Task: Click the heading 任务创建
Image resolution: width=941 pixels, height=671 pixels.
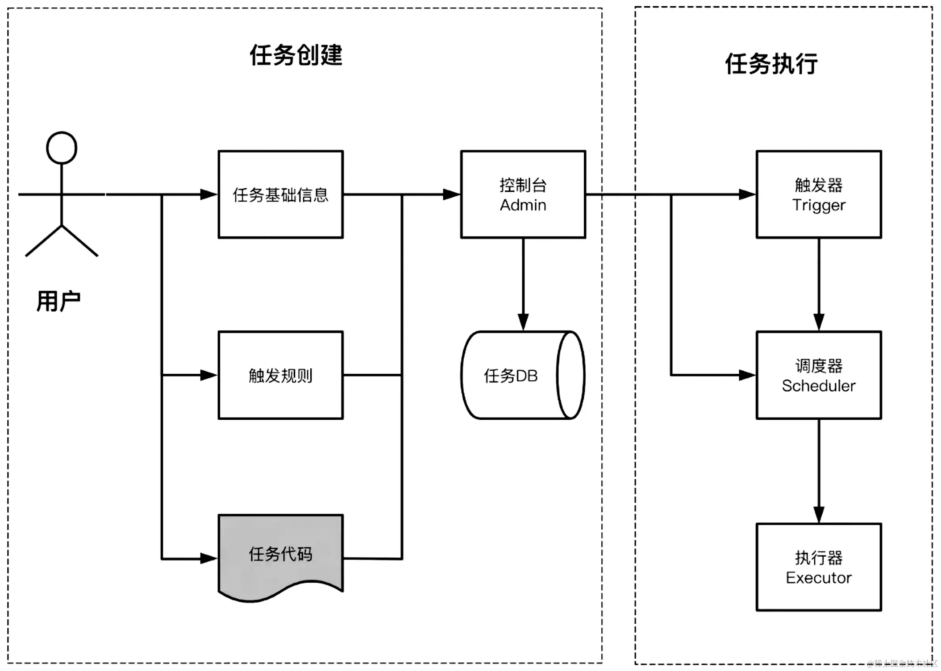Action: point(296,55)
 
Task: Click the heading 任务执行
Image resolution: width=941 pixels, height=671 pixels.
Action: point(771,64)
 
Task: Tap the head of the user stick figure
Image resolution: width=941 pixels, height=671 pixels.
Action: point(62,148)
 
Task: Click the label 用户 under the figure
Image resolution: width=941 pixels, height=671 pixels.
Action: point(58,301)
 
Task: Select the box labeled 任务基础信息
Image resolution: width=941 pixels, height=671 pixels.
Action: point(280,195)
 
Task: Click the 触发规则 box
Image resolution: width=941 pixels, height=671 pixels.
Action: point(280,375)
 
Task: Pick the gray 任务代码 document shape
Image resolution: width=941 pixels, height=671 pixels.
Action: point(280,555)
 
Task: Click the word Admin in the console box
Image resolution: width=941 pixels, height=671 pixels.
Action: point(523,205)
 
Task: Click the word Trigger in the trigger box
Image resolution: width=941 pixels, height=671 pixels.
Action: point(818,205)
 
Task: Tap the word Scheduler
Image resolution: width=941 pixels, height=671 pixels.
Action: point(818,386)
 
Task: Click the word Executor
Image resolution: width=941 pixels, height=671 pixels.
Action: point(818,578)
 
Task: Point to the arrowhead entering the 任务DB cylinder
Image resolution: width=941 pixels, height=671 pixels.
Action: point(523,322)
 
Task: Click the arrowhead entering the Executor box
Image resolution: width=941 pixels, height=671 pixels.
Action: point(819,514)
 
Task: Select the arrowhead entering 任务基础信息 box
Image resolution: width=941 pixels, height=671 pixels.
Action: point(208,195)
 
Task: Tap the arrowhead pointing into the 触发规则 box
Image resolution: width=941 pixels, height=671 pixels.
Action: point(208,375)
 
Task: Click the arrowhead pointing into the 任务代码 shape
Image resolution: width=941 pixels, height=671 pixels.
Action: point(208,558)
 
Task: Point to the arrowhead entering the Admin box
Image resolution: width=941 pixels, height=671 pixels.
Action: point(451,195)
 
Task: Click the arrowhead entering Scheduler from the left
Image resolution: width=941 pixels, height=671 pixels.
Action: point(747,375)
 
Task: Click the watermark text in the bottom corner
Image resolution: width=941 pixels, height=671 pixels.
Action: point(902,663)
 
